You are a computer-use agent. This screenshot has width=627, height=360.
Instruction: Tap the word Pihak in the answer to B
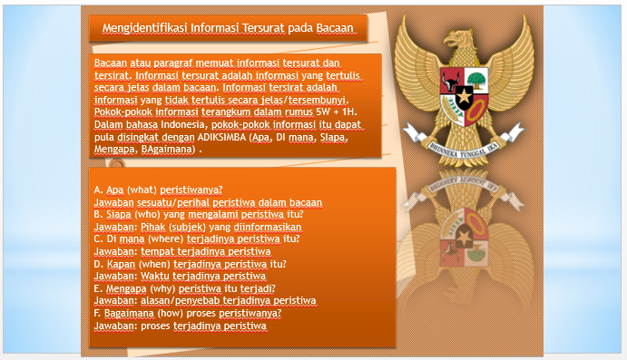tap(148, 227)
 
